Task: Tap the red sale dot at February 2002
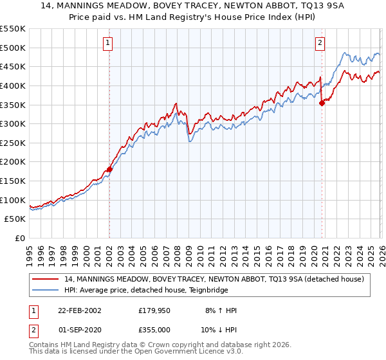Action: click(x=109, y=170)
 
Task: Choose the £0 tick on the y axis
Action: click(x=19, y=238)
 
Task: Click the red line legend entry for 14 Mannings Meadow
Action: click(x=215, y=279)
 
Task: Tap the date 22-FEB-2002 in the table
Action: click(x=79, y=310)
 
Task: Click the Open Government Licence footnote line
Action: click(x=136, y=353)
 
